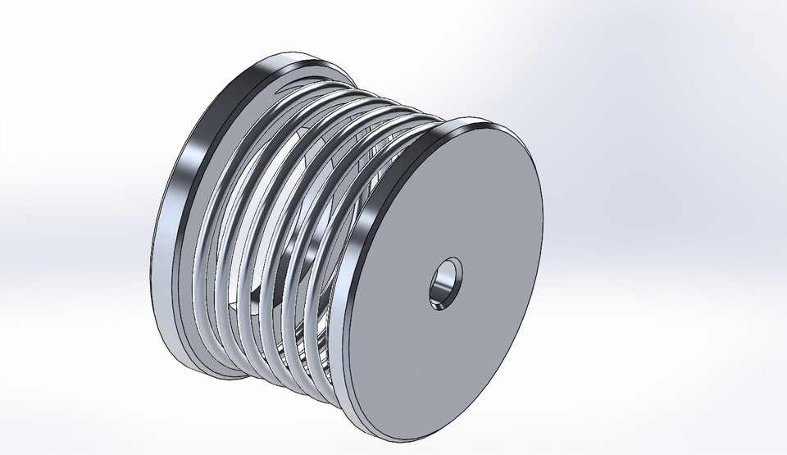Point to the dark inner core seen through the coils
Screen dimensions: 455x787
point(271,246)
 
